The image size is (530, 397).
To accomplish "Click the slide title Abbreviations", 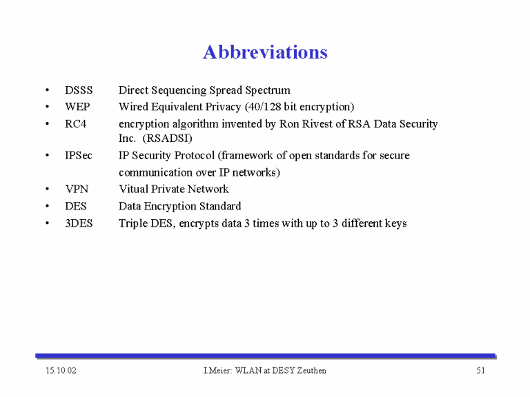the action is pyautogui.click(x=265, y=52).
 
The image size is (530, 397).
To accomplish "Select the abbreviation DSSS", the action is pyautogui.click(x=79, y=90).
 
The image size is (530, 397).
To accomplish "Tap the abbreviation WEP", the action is pyautogui.click(x=77, y=107).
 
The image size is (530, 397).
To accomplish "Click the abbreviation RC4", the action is pyautogui.click(x=75, y=124).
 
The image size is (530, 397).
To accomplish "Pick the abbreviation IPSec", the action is pyautogui.click(x=79, y=155).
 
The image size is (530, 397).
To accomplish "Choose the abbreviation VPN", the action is pyautogui.click(x=77, y=189).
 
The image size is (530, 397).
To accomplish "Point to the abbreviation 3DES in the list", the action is pyautogui.click(x=79, y=223).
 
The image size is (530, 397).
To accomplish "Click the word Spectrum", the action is pyautogui.click(x=268, y=90).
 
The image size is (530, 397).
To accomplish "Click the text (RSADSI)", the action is pyautogui.click(x=167, y=139).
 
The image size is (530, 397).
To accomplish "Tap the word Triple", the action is pyautogui.click(x=132, y=223).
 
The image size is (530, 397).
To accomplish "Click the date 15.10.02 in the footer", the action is pyautogui.click(x=61, y=371).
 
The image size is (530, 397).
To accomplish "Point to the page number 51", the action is pyautogui.click(x=480, y=371).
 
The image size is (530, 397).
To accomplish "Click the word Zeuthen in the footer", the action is pyautogui.click(x=312, y=371).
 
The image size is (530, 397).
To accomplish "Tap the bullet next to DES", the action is pyautogui.click(x=48, y=206).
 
